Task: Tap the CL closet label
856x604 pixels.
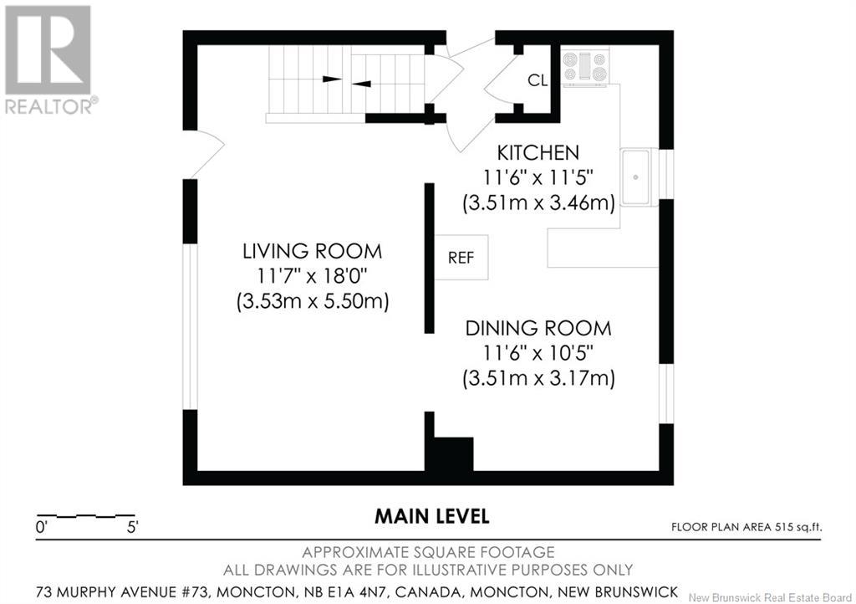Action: pos(538,80)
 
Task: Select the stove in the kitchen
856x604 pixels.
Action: pos(585,67)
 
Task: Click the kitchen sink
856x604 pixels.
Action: pos(635,177)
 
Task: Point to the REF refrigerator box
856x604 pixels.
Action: pos(461,257)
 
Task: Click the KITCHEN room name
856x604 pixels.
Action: pos(538,152)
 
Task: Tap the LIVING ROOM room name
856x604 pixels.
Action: pos(313,251)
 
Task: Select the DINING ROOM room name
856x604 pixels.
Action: pos(538,328)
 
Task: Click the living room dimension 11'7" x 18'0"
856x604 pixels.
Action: pos(313,276)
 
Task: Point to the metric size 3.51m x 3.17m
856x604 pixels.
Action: pos(538,378)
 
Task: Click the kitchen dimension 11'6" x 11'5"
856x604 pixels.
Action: pos(538,177)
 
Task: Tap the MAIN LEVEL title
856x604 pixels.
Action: pos(431,516)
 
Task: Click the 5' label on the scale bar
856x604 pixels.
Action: pos(133,528)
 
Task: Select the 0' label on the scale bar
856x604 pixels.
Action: pos(42,528)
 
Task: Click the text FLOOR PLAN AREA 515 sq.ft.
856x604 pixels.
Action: pos(746,527)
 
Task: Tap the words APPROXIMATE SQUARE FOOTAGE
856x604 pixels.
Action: pos(428,552)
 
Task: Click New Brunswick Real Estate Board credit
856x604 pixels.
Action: pos(770,597)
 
